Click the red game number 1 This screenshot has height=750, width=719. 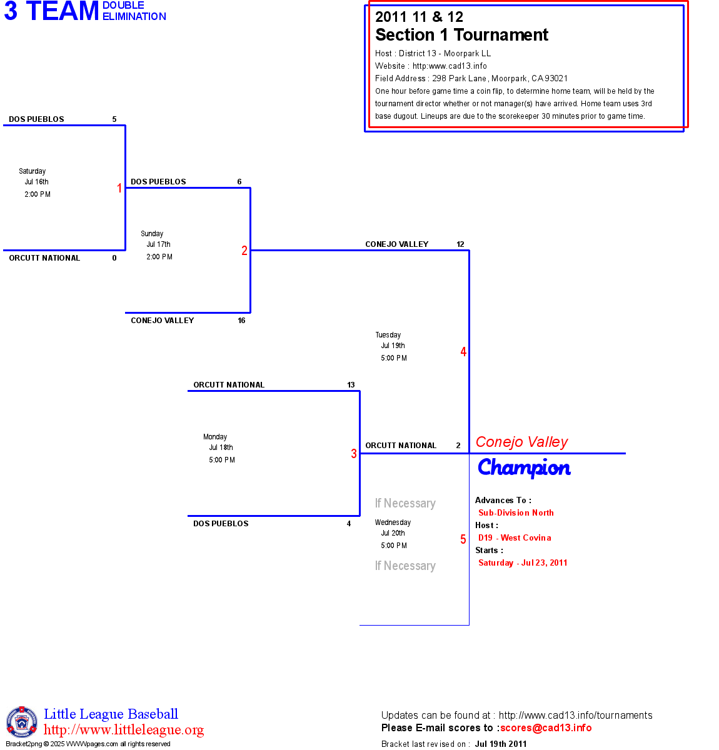tap(119, 188)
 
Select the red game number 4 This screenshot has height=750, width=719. tap(463, 352)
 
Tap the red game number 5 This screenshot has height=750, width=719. tap(463, 539)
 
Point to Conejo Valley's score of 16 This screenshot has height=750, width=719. tap(241, 321)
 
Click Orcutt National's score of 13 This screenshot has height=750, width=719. tap(351, 385)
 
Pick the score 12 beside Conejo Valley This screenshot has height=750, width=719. tap(460, 244)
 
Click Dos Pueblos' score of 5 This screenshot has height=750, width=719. tap(114, 119)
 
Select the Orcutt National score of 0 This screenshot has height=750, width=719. tap(114, 258)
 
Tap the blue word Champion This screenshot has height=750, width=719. tap(524, 467)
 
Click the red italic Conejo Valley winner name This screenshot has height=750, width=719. tap(521, 442)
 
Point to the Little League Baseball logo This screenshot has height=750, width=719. tap(22, 722)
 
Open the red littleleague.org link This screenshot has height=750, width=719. tap(124, 730)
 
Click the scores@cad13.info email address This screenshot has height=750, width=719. tap(546, 727)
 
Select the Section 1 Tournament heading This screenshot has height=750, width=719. tap(461, 35)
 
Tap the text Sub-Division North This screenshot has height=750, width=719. tap(516, 512)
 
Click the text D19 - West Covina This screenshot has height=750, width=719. tap(515, 537)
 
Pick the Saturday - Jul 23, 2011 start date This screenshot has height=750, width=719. tap(523, 562)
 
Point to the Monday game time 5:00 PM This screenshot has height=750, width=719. tap(222, 460)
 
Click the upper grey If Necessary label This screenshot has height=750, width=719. tap(405, 503)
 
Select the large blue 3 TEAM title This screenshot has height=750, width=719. tap(51, 11)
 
